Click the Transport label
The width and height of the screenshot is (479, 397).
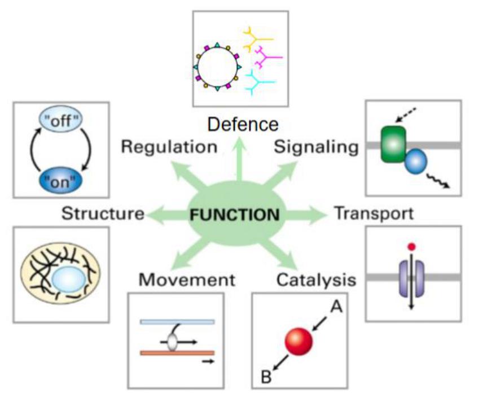pyautogui.click(x=373, y=213)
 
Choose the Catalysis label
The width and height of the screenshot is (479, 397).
pyautogui.click(x=316, y=279)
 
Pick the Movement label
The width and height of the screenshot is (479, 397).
pyautogui.click(x=187, y=279)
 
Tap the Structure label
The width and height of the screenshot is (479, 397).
pyautogui.click(x=103, y=213)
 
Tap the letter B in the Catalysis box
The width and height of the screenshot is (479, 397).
pyautogui.click(x=267, y=375)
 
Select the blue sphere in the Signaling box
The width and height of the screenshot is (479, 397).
pyautogui.click(x=415, y=162)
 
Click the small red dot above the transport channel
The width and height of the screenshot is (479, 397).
pyautogui.click(x=412, y=246)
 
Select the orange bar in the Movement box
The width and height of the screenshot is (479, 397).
pyautogui.click(x=177, y=353)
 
